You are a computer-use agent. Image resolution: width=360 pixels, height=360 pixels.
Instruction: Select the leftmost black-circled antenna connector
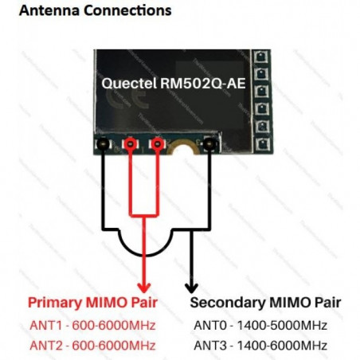click(x=102, y=144)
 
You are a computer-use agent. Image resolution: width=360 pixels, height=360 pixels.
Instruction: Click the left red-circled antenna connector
click(x=130, y=144)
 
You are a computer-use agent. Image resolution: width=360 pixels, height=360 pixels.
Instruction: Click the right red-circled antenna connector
click(x=158, y=144)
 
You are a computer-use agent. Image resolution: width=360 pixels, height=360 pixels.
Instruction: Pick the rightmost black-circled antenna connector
click(x=210, y=144)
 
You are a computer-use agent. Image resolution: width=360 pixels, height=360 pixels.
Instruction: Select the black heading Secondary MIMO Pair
click(x=267, y=303)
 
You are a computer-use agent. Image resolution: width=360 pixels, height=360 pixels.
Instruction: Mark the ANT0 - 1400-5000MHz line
click(x=260, y=325)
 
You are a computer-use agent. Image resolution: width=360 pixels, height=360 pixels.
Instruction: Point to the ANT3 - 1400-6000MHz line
click(x=260, y=344)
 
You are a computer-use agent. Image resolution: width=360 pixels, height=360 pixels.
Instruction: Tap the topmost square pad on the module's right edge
click(x=258, y=58)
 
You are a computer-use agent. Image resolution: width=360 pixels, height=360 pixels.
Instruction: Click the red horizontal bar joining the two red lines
click(x=144, y=213)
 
